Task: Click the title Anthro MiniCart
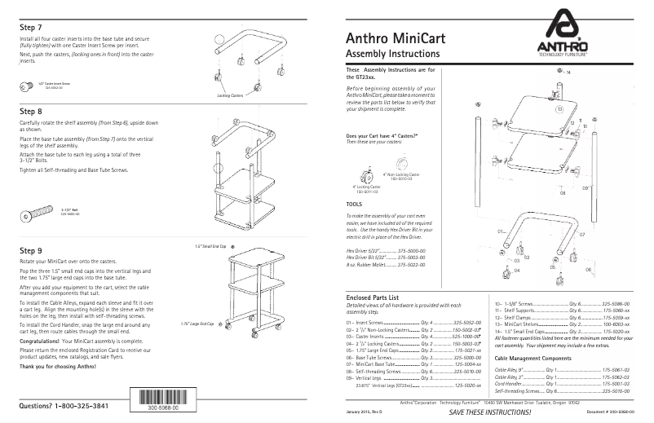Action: tap(395, 37)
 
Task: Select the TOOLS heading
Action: tap(354, 205)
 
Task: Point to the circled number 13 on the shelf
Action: tap(559, 108)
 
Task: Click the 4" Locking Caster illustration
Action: tap(363, 174)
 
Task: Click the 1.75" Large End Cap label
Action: tap(197, 324)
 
